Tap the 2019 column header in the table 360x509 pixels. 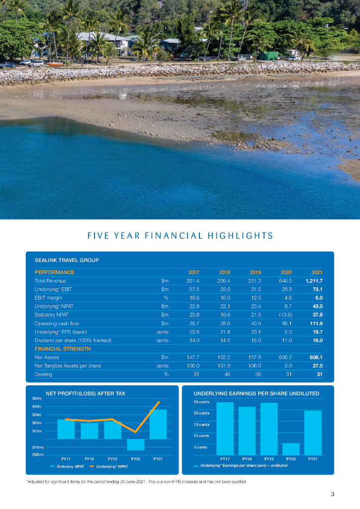(255, 272)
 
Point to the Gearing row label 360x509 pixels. (43, 374)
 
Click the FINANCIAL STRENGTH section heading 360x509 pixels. (63, 349)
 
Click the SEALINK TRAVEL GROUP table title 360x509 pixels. (67, 260)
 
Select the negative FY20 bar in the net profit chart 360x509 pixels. (135, 444)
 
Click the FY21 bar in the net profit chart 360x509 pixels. (158, 424)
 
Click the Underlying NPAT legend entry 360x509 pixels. (111, 466)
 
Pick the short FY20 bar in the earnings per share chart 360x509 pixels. (291, 449)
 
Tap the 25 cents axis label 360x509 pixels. (201, 402)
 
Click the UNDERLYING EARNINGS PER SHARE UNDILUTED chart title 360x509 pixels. (256, 393)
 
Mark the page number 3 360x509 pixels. (332, 494)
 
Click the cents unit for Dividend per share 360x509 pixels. (162, 340)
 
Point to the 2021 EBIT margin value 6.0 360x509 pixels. (318, 298)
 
